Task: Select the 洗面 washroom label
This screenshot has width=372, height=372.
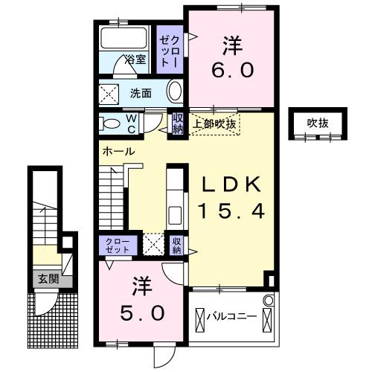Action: click(141, 94)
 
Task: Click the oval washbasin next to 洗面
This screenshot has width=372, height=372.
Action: click(175, 93)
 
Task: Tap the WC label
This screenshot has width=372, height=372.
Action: click(130, 124)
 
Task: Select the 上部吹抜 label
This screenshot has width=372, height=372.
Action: click(214, 124)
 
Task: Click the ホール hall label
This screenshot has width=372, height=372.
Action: click(118, 151)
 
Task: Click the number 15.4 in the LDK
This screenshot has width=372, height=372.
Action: click(230, 212)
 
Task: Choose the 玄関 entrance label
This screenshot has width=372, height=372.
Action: click(48, 280)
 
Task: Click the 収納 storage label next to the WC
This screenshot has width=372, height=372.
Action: click(178, 124)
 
